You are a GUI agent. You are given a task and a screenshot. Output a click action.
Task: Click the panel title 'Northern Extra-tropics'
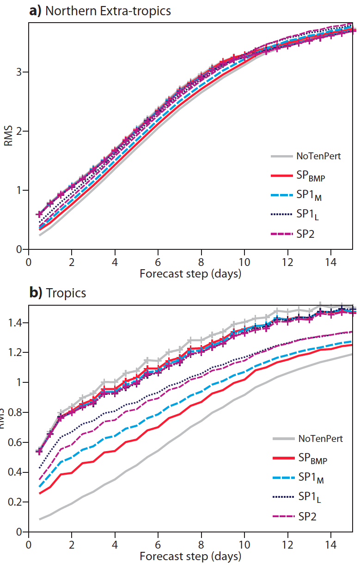(108, 11)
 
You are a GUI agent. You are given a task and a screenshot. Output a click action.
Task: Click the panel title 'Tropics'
(66, 293)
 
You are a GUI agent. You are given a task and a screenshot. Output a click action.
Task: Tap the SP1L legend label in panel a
(307, 215)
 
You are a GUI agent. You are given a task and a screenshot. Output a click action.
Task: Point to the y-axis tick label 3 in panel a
(18, 72)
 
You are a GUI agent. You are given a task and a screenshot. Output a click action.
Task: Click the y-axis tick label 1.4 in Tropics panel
(15, 323)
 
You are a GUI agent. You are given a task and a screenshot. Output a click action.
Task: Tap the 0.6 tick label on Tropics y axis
(15, 442)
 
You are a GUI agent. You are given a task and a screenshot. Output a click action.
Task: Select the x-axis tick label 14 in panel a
(330, 262)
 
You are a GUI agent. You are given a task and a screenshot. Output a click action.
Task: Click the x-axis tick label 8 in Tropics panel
(201, 544)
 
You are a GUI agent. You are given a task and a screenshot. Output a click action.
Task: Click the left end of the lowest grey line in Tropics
(40, 519)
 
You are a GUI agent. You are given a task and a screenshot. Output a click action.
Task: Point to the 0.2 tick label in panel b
(15, 502)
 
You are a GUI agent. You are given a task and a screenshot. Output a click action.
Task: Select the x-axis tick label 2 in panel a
(72, 262)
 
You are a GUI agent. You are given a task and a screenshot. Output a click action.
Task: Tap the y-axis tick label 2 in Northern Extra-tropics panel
(18, 131)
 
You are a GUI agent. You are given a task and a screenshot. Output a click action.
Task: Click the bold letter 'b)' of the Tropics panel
(36, 293)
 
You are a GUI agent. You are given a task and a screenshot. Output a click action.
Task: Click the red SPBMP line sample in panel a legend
(282, 175)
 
